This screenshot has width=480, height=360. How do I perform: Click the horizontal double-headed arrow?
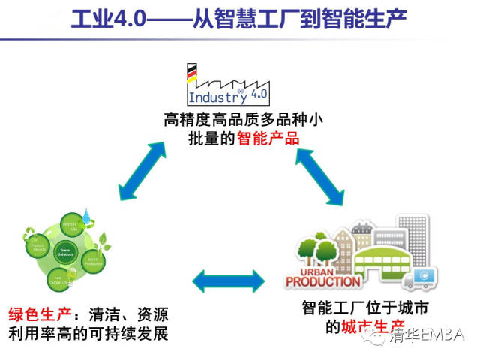coord(229,281)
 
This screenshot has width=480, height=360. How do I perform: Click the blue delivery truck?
coord(421,277)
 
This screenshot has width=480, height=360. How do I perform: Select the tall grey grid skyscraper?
coord(412,233)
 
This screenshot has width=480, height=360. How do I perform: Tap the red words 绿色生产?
coord(34,313)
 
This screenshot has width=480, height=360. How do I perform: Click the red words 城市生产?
coord(367,326)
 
